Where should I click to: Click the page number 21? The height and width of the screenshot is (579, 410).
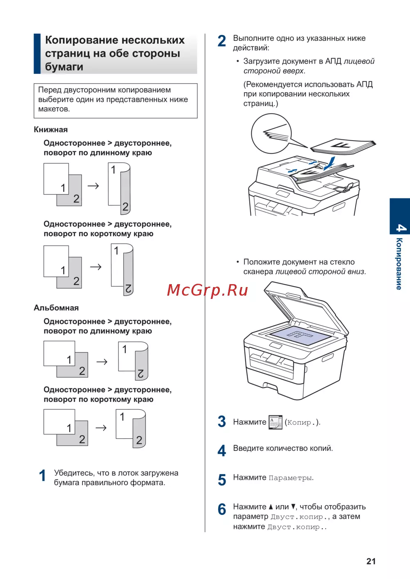pyautogui.click(x=371, y=561)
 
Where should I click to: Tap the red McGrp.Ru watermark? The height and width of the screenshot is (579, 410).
pyautogui.click(x=207, y=290)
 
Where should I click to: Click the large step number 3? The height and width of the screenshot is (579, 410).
pyautogui.click(x=222, y=422)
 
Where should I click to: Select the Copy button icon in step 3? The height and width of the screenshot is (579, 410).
pyautogui.click(x=276, y=422)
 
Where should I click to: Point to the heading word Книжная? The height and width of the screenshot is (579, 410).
pyautogui.click(x=51, y=130)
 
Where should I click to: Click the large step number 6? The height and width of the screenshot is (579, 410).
pyautogui.click(x=222, y=510)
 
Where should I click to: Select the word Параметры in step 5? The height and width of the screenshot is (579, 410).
pyautogui.click(x=290, y=478)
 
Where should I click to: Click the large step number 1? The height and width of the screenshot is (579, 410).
pyautogui.click(x=43, y=476)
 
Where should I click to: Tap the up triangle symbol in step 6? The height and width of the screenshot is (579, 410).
pyautogui.click(x=271, y=507)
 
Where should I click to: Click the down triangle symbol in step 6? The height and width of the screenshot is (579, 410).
pyautogui.click(x=293, y=507)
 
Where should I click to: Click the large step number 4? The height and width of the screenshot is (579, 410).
pyautogui.click(x=222, y=451)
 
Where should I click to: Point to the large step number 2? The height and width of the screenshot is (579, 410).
pyautogui.click(x=222, y=41)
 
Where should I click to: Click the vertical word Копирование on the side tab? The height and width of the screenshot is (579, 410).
pyautogui.click(x=399, y=264)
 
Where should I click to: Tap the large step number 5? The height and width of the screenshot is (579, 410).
pyautogui.click(x=222, y=480)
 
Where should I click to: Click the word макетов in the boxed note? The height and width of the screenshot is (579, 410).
pyautogui.click(x=53, y=109)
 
